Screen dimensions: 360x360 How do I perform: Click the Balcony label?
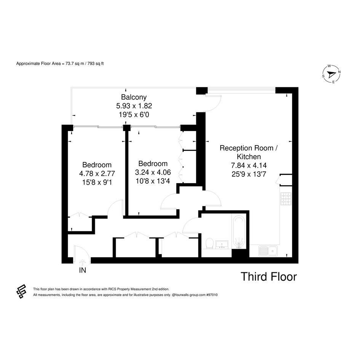[134, 97]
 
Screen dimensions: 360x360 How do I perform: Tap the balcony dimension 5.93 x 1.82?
[134, 106]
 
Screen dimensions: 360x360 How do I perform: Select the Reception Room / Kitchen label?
[249, 152]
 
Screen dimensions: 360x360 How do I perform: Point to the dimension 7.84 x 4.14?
[249, 165]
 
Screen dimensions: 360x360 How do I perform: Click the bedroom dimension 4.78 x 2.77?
[97, 174]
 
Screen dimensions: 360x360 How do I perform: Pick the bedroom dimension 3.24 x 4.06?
[153, 172]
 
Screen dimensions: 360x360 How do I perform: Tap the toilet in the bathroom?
[210, 243]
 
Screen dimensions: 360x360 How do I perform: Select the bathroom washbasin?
[222, 245]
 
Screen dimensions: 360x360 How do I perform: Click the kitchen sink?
[268, 251]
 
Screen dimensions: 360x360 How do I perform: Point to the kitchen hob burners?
[286, 198]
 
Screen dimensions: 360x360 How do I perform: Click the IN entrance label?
[82, 270]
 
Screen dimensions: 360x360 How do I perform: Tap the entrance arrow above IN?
[82, 262]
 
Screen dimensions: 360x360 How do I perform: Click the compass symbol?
[331, 74]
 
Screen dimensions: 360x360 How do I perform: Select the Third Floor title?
[269, 277]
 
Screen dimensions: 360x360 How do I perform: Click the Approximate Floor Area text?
[60, 64]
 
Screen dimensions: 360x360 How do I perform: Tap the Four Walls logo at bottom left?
[21, 291]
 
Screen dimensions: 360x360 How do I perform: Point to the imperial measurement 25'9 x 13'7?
[249, 174]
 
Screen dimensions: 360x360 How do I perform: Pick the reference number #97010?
[212, 295]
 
